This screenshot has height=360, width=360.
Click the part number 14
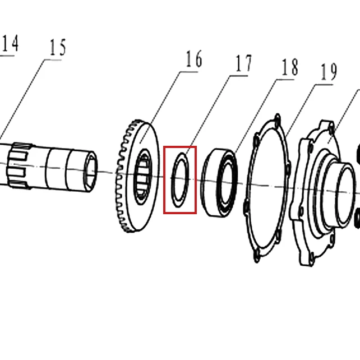11,43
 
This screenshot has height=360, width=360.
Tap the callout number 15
58,47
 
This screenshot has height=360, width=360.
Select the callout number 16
194,59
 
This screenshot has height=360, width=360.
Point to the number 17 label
243,63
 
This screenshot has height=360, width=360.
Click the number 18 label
290,67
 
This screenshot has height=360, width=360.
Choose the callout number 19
329,72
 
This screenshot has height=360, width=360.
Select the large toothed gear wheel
137,176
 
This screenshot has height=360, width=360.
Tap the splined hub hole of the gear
143,177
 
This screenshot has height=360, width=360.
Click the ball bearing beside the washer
220,183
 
